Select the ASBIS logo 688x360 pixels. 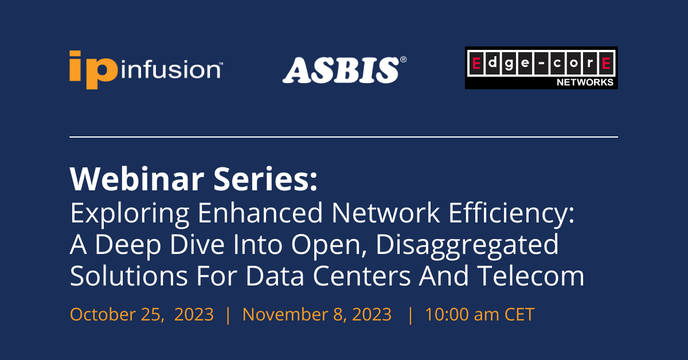coord(341,69)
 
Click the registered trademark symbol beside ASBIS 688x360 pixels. coord(403,60)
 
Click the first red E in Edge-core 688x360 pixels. coord(475,62)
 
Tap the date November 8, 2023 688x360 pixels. coord(317,314)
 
